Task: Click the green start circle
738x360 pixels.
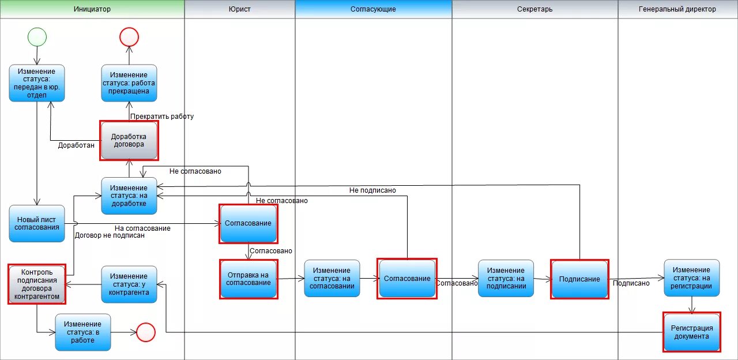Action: [37, 37]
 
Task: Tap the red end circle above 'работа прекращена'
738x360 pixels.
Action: [129, 37]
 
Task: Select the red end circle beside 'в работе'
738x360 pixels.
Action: [146, 332]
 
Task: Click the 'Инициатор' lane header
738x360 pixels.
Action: [92, 9]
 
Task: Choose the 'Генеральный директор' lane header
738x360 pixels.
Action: [677, 9]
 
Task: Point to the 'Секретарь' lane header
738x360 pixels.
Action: [534, 9]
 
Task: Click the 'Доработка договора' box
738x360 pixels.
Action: [129, 140]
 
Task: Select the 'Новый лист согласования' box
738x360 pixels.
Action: [37, 223]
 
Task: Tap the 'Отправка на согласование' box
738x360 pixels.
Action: [248, 279]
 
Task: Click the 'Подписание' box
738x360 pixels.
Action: [579, 279]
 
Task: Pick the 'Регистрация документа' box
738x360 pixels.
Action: [691, 332]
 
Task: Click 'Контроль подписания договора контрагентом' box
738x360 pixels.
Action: [37, 284]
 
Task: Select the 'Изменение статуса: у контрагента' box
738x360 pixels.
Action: [129, 284]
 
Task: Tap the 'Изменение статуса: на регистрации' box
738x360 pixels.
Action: [691, 278]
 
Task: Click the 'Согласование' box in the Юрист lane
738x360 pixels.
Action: [248, 223]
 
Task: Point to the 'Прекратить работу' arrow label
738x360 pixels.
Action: [162, 117]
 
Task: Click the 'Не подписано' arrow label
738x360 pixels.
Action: [372, 190]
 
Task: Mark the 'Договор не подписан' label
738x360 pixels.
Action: [110, 235]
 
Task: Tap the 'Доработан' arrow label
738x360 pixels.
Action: [76, 145]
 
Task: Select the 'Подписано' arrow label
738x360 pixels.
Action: [631, 283]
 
